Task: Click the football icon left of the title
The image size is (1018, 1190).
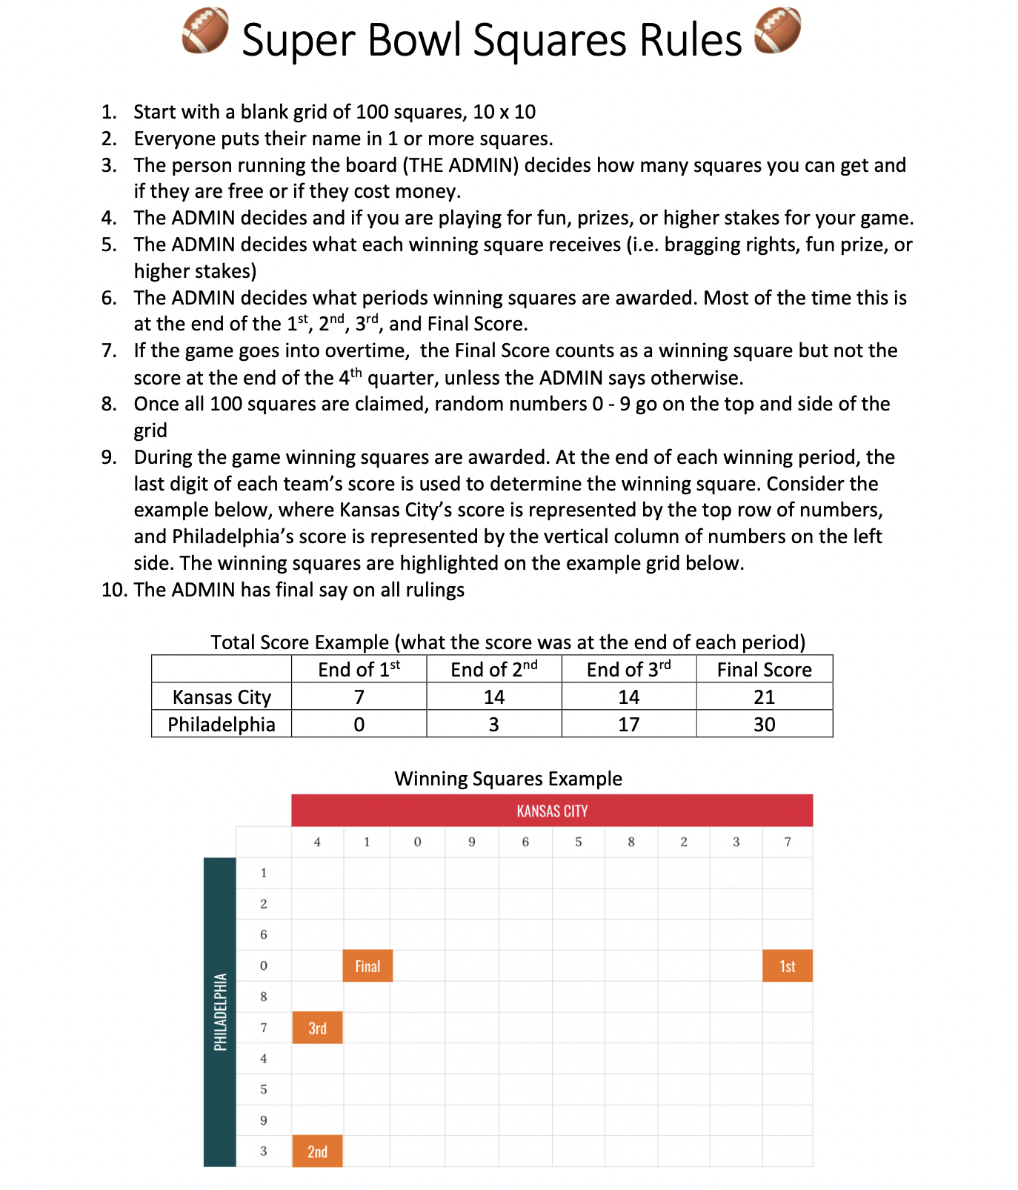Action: coord(205,31)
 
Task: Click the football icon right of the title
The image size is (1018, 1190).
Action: coord(777,31)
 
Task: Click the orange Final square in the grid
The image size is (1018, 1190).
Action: coord(367,966)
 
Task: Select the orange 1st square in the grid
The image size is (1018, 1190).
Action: coord(787,966)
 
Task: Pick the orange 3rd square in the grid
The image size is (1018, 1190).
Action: coord(317,1028)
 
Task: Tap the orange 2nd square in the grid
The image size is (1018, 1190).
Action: coord(317,1151)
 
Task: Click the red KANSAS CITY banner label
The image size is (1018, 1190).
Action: coord(552,811)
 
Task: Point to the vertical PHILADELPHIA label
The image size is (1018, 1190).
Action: coord(220,1012)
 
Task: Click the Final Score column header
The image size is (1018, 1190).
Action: coord(764,670)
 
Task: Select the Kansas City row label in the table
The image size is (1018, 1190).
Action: coord(222,697)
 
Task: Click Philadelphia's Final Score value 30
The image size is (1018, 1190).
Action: coord(764,725)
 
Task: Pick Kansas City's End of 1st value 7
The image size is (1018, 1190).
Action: coord(359,697)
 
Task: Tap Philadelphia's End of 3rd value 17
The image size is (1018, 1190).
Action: coord(628,725)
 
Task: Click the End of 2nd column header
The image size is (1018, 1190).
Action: coord(493,670)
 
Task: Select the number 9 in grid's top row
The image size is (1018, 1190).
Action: coord(472,842)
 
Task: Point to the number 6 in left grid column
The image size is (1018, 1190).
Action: coord(264,935)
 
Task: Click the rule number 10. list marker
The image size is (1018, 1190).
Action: coord(115,590)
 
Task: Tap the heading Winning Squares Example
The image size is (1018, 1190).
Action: coord(508,779)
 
